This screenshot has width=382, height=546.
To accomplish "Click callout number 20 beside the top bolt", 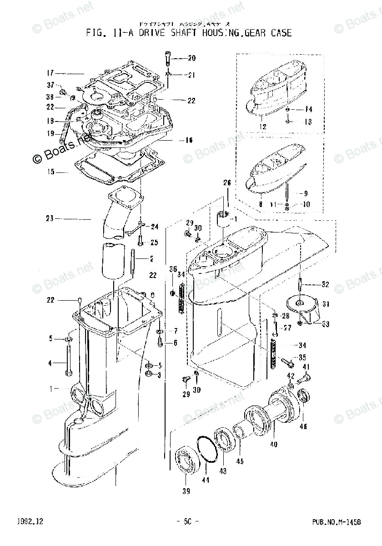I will (x=191, y=58).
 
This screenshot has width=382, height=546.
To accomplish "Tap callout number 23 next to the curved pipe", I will (x=50, y=219).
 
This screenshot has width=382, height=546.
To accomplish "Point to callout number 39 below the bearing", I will (x=186, y=491).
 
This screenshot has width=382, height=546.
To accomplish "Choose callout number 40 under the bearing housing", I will (x=273, y=445).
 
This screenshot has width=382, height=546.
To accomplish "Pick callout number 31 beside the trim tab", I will (x=326, y=304).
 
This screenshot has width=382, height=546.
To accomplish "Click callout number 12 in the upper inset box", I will (x=262, y=126).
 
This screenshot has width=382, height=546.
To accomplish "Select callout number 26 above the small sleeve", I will (x=227, y=183).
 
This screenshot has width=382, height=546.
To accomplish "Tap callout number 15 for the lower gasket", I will (x=50, y=172).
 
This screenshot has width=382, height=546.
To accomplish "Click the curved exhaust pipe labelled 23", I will (x=116, y=214).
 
